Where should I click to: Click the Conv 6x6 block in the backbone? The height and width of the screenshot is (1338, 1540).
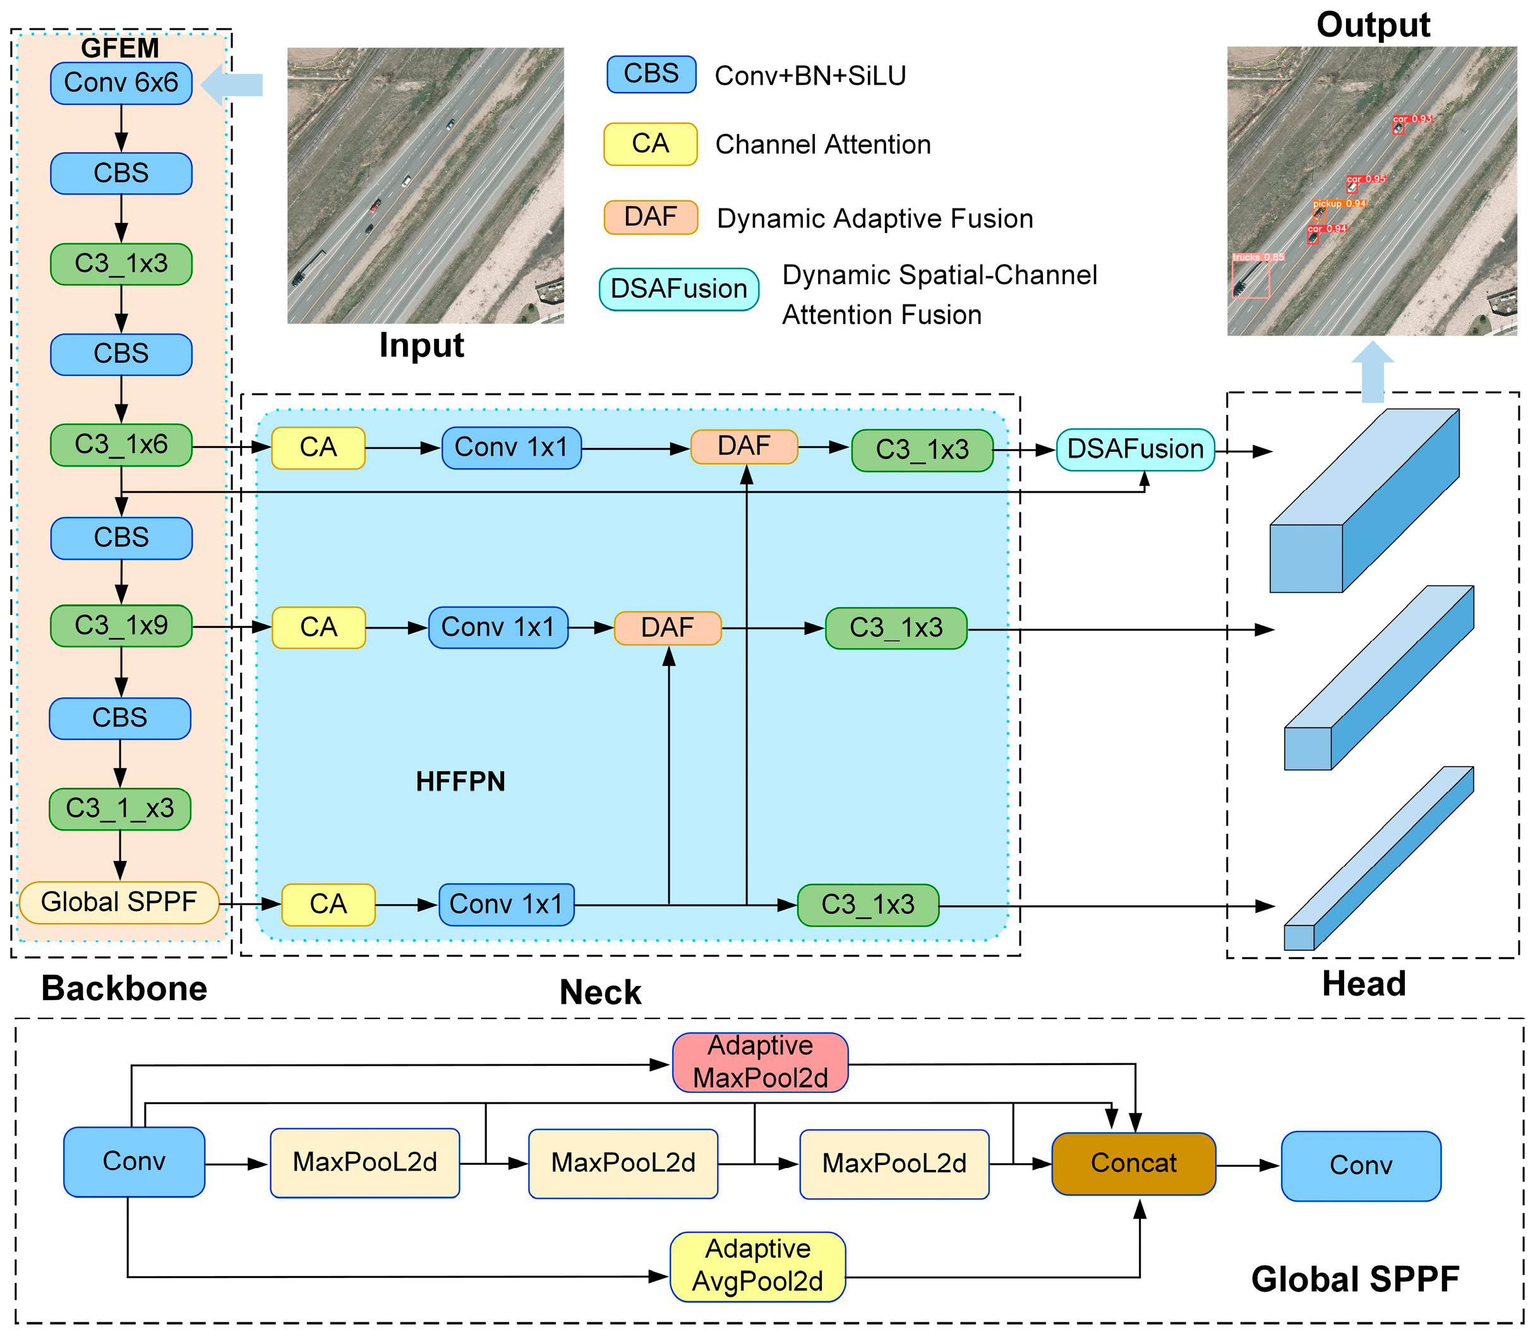click(121, 83)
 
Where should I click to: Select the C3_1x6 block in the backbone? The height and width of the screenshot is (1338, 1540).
click(121, 445)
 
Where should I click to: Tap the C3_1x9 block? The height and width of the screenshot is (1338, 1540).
click(121, 625)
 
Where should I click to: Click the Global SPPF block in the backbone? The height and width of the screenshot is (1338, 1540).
click(119, 902)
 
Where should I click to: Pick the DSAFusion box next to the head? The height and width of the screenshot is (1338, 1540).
click(1134, 450)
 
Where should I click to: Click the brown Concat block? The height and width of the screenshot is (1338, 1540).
click(1133, 1163)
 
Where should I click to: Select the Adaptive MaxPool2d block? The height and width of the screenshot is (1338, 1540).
click(760, 1063)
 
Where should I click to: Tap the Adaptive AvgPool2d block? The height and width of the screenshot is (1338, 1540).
click(758, 1267)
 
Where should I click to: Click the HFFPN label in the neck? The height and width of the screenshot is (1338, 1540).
click(460, 781)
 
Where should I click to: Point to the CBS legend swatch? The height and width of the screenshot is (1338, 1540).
click(651, 74)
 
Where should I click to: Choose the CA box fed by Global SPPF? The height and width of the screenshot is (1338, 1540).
click(328, 904)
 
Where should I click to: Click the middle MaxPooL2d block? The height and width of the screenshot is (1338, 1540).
click(623, 1163)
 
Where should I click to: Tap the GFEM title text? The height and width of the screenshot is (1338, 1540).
click(119, 49)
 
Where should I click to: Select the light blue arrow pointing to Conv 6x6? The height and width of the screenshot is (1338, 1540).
click(232, 85)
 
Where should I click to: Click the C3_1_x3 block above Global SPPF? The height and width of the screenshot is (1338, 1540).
click(119, 809)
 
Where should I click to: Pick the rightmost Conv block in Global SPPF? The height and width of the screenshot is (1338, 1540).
click(1360, 1166)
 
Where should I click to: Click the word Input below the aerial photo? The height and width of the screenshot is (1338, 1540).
click(421, 346)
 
